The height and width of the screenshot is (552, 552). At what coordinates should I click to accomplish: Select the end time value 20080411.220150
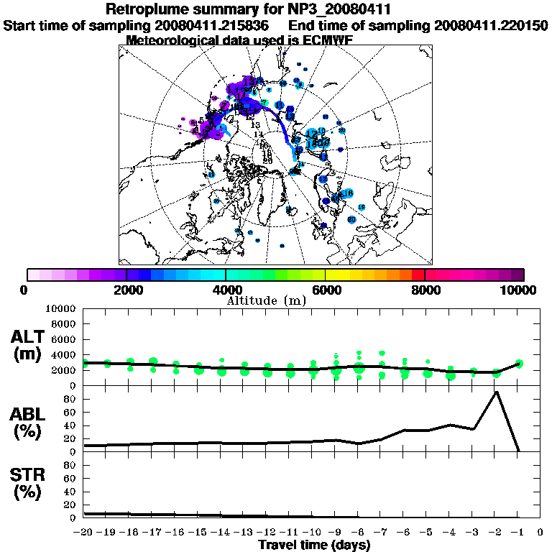pyautogui.click(x=491, y=26)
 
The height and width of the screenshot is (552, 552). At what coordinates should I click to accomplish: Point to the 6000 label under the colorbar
pyautogui.click(x=325, y=290)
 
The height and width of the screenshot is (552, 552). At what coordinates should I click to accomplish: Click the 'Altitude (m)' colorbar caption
pyautogui.click(x=266, y=300)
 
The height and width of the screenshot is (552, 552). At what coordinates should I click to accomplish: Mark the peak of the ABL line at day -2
pyautogui.click(x=495, y=392)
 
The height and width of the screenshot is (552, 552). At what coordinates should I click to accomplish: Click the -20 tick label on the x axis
pyautogui.click(x=84, y=533)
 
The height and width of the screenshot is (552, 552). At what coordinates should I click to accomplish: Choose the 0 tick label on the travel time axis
pyautogui.click(x=540, y=533)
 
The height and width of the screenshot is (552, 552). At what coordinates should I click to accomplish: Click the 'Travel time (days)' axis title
pyautogui.click(x=314, y=546)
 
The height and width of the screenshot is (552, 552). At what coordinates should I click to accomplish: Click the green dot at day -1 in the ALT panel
pyautogui.click(x=518, y=364)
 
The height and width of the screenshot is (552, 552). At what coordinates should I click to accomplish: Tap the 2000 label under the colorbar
pyautogui.click(x=126, y=290)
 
